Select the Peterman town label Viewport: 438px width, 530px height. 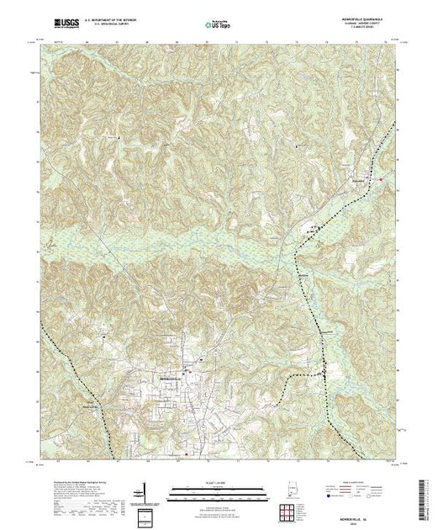[x=360, y=178]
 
